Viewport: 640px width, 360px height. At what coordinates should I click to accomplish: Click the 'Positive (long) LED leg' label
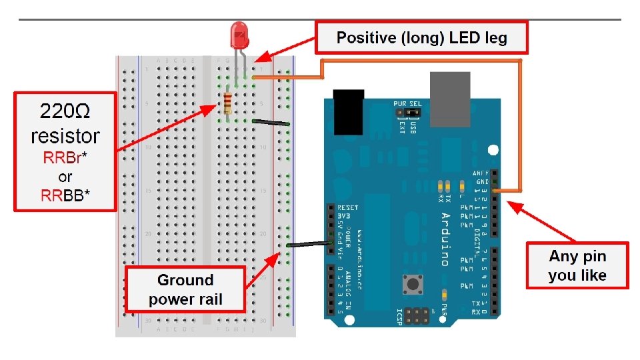tap(421, 38)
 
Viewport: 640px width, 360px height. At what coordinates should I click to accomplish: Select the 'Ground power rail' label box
tap(185, 290)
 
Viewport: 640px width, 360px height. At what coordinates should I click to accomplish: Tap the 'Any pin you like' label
tap(577, 265)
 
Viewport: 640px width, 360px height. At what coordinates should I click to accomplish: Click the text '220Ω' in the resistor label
tap(65, 111)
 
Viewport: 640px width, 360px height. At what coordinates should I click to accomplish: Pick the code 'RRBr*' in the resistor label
tap(65, 160)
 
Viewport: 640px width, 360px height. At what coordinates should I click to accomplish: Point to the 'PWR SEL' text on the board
tap(407, 104)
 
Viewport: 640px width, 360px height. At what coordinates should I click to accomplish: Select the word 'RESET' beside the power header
tap(349, 208)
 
